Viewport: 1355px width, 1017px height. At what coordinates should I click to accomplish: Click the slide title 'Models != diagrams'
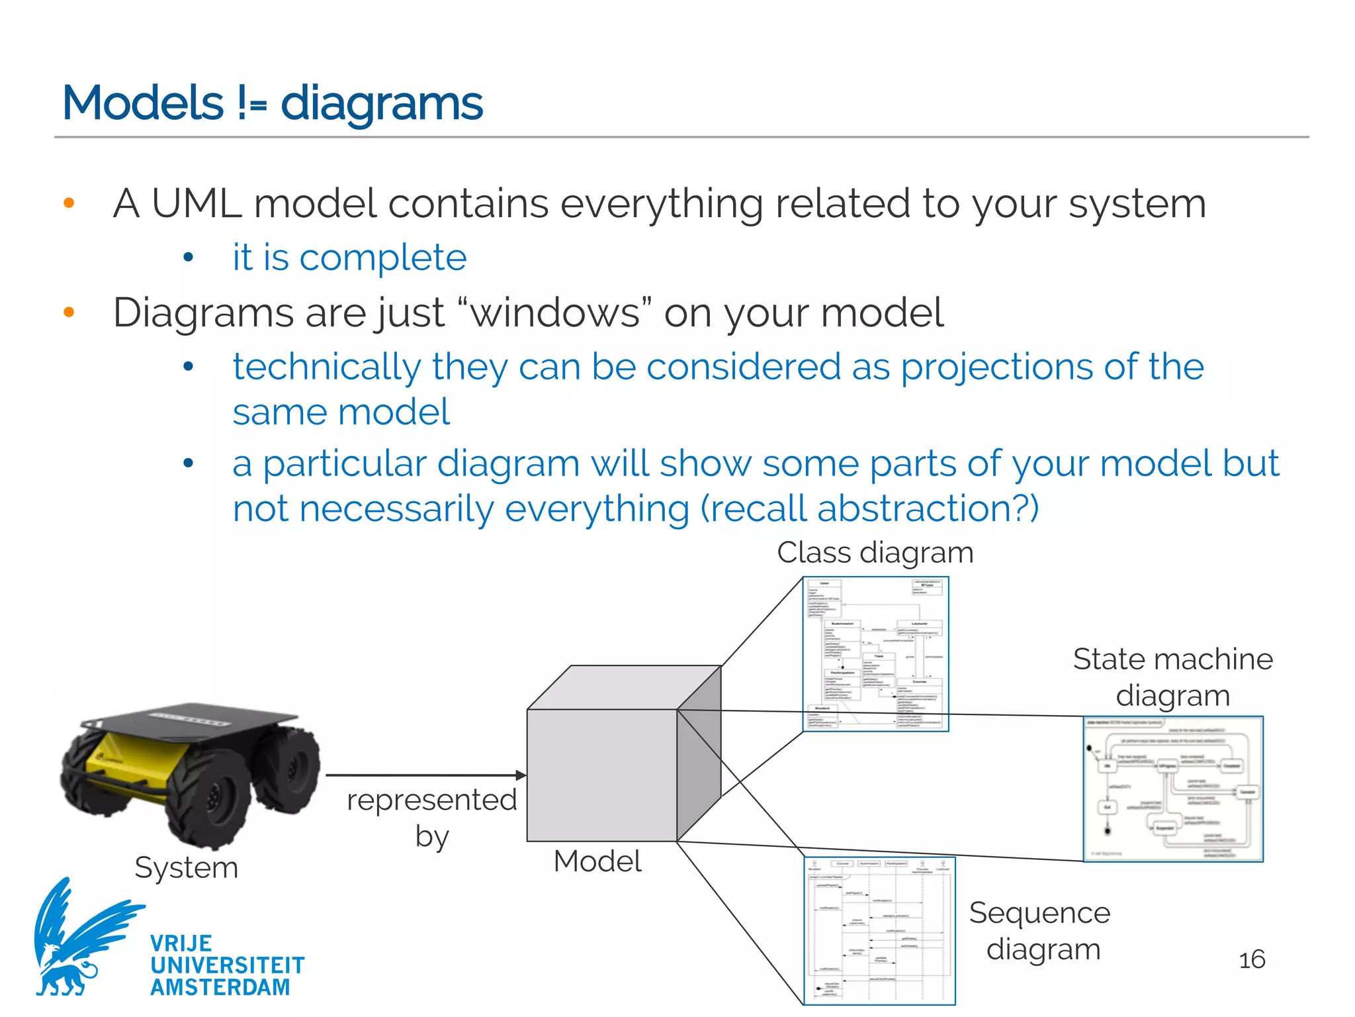tap(273, 103)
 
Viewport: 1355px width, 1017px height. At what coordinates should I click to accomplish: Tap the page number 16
tap(1251, 959)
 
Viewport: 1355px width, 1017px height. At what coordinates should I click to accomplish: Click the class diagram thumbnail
tap(875, 654)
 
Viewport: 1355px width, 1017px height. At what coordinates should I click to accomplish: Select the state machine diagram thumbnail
tap(1172, 789)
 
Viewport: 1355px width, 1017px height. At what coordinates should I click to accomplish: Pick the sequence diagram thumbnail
tap(879, 930)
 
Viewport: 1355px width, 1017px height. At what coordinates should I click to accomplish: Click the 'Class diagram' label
tap(875, 552)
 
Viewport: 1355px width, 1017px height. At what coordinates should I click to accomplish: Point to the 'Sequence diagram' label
tap(1040, 931)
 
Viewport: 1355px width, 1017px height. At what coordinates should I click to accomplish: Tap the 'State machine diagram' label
tap(1172, 677)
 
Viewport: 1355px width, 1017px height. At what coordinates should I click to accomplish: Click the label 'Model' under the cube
tap(597, 861)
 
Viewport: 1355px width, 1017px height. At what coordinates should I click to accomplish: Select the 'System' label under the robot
tap(186, 867)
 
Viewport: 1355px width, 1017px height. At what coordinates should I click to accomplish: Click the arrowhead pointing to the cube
tap(521, 775)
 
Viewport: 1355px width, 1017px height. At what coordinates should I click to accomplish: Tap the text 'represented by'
tap(431, 818)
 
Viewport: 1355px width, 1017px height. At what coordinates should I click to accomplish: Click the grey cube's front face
tap(601, 775)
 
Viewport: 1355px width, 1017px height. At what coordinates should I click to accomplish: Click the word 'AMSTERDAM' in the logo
tap(220, 987)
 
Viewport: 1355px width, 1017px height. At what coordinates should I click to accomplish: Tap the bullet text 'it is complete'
tap(349, 257)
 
